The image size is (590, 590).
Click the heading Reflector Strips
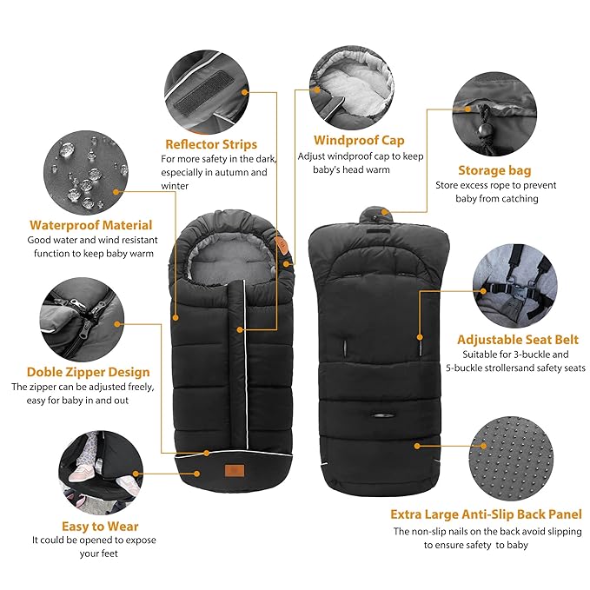click(210, 144)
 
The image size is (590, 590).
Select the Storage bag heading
click(494, 170)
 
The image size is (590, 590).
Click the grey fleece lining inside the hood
click(231, 260)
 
